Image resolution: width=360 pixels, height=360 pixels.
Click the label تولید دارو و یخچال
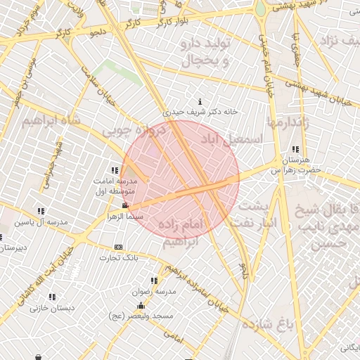(x=206, y=54)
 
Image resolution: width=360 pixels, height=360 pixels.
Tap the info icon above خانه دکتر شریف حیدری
(x=201, y=101)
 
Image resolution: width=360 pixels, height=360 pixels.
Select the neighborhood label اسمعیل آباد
(x=236, y=138)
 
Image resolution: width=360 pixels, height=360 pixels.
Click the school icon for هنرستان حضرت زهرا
(x=295, y=150)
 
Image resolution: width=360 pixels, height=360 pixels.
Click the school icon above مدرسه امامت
(x=115, y=171)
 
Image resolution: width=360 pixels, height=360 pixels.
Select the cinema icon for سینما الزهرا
(x=125, y=206)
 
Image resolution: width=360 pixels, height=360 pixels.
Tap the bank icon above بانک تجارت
(x=118, y=247)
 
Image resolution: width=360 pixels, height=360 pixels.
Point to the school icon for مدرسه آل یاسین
(x=41, y=211)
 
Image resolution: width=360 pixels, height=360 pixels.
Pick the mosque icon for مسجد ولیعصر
(x=141, y=306)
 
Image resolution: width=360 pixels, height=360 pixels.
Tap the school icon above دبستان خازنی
(x=51, y=297)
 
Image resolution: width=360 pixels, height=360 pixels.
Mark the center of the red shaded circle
(x=180, y=179)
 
